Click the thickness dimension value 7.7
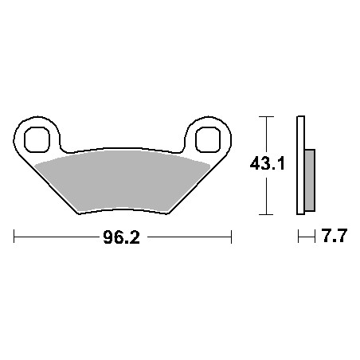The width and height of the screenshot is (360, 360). tap(332, 237)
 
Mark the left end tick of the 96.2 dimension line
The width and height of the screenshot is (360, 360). tap(15, 237)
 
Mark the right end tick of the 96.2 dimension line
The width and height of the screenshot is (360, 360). tap(231, 237)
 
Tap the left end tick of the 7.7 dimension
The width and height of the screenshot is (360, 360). tap(298, 237)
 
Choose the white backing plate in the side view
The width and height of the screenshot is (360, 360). tap(300, 166)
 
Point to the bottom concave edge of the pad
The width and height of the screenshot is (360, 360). tap(123, 209)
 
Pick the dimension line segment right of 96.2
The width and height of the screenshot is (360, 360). tap(187, 237)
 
